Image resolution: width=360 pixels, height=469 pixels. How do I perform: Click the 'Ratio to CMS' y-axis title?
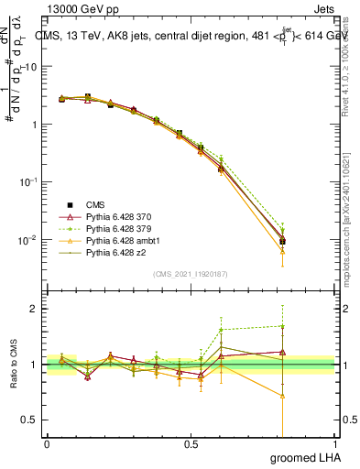pos(13,365)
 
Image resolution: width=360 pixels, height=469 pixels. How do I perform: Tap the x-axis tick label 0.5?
pos(191,444)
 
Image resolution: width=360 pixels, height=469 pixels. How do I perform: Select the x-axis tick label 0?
pos(47,444)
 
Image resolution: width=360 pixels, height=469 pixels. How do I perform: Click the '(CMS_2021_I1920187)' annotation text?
pos(190,273)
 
